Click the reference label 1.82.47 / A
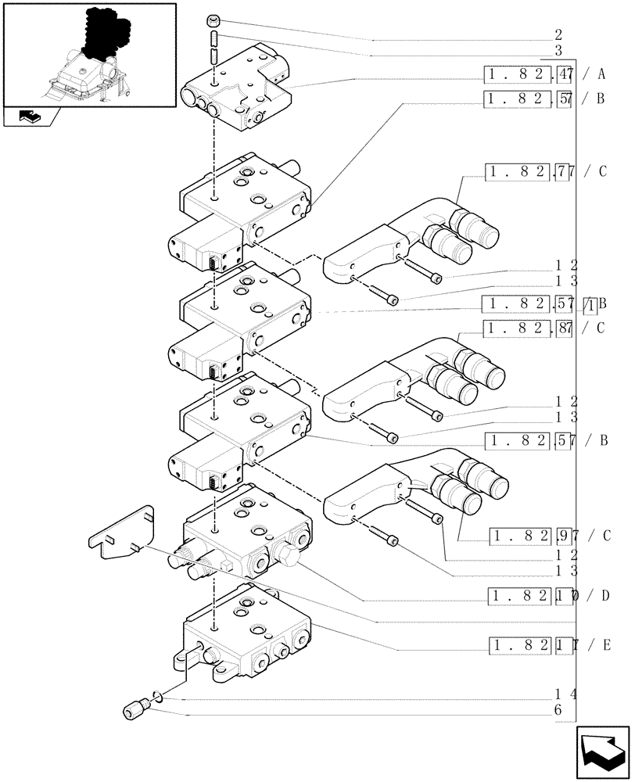[x=546, y=76]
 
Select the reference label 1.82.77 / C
[x=546, y=172]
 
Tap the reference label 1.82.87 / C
[x=546, y=328]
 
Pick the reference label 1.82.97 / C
[x=549, y=536]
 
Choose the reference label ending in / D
[x=549, y=597]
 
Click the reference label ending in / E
[x=549, y=645]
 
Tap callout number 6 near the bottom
[x=558, y=709]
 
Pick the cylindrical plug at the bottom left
[x=134, y=710]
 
